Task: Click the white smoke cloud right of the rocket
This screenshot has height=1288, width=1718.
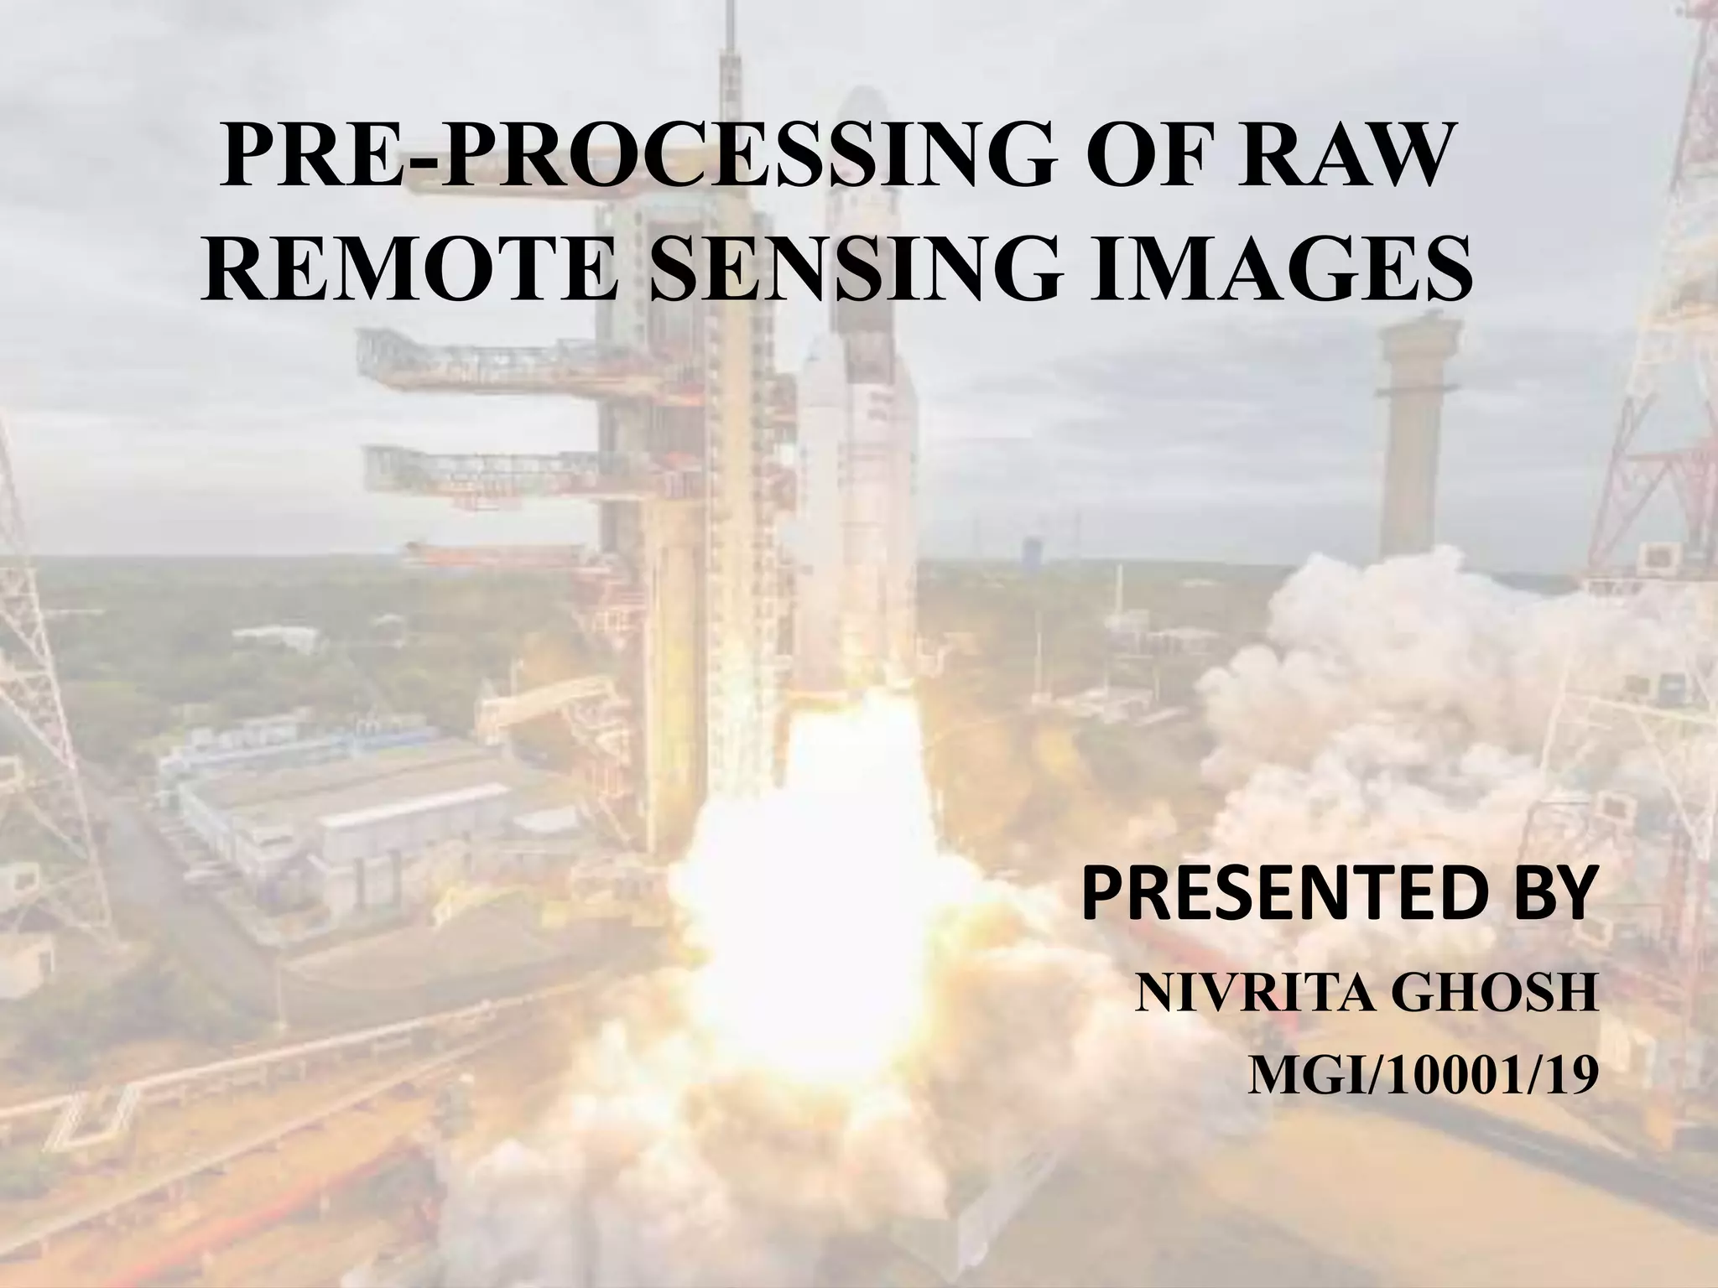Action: click(1384, 671)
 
